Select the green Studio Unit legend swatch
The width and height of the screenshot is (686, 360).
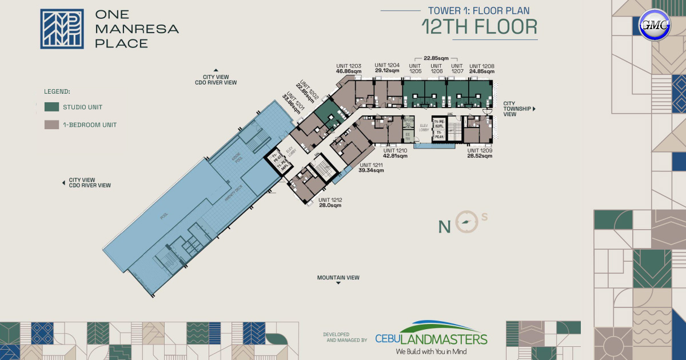pos(51,107)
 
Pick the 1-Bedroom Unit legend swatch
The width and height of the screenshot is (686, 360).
pos(51,125)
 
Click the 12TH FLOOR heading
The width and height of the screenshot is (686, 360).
pos(479,26)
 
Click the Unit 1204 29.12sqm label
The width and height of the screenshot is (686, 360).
pos(387,68)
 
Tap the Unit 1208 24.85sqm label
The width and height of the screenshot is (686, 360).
pos(481,69)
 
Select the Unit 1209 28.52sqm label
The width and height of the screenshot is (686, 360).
pos(479,153)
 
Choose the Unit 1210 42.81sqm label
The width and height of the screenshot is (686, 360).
pos(394,153)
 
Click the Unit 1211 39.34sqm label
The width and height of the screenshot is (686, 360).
pos(370,167)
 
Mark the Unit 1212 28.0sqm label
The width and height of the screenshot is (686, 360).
pos(330,202)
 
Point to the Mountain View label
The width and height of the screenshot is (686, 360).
pos(338,278)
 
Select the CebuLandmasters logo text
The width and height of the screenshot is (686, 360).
pos(431,339)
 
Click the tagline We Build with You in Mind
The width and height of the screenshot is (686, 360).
pos(431,351)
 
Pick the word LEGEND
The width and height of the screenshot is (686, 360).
pos(57,91)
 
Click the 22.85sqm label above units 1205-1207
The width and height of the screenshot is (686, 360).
pos(436,58)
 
